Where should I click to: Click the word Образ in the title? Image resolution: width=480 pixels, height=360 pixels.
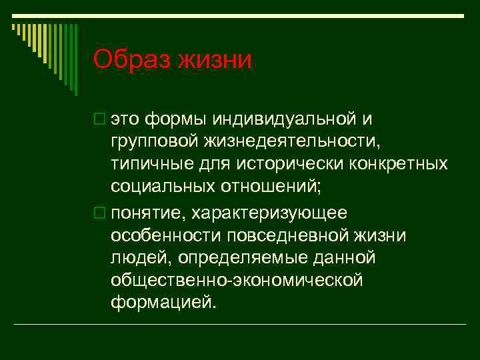(133, 60)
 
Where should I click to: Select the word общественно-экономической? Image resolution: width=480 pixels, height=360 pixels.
(237, 279)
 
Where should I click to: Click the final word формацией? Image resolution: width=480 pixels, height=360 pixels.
(164, 302)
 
